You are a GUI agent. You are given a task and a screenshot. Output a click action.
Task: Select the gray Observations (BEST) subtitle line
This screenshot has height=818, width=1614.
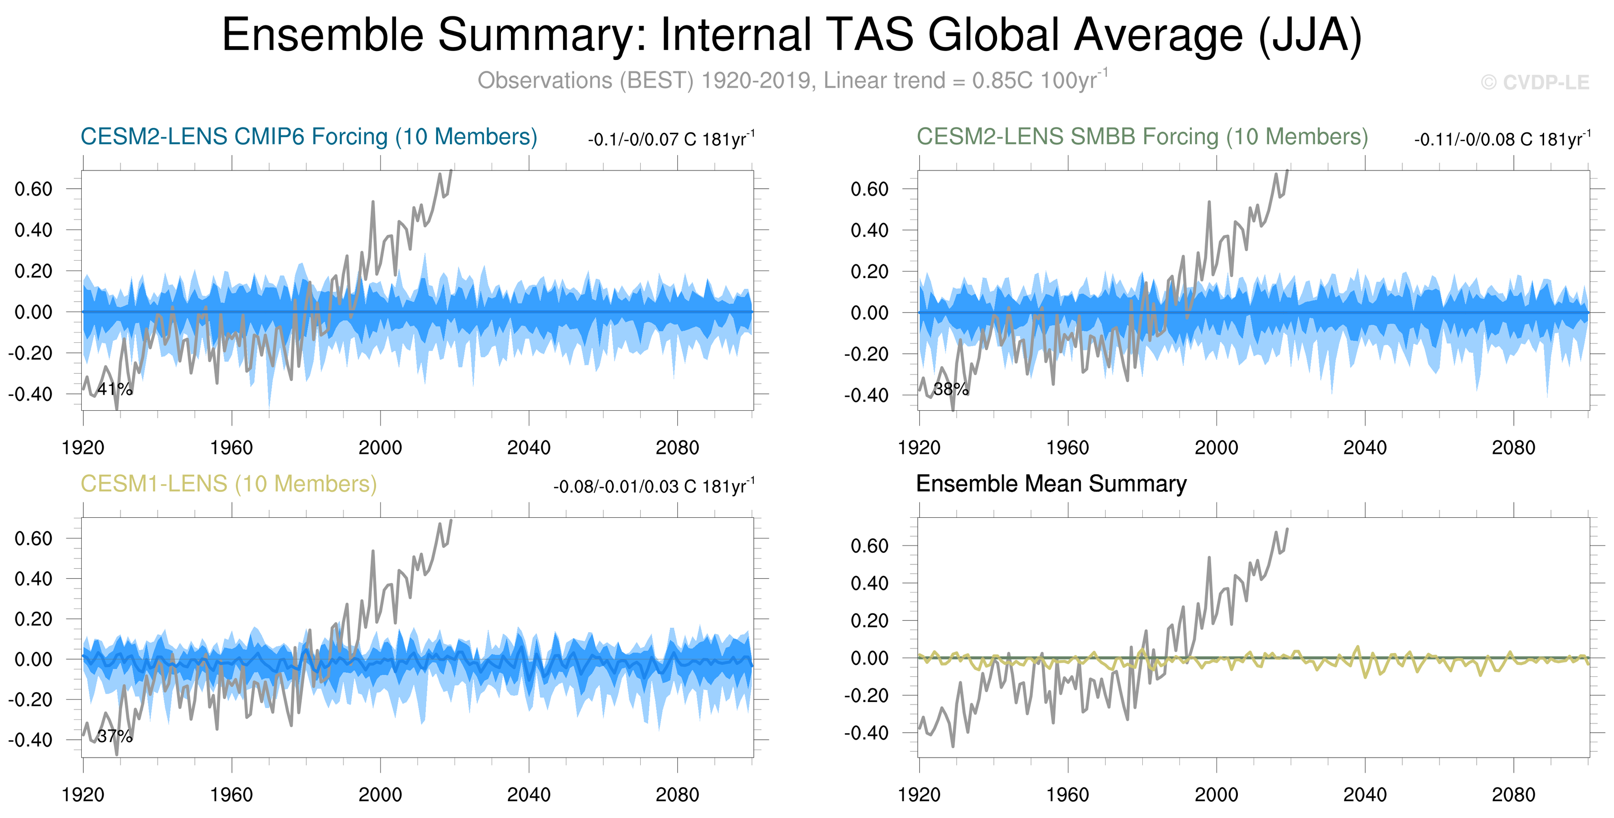tap(792, 80)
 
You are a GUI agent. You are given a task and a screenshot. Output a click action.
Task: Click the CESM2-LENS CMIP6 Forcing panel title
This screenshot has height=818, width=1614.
tap(309, 137)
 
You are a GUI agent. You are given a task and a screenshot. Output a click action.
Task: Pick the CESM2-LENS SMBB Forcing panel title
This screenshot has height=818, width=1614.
tap(1142, 137)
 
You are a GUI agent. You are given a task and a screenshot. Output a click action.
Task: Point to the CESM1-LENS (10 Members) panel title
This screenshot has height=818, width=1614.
tap(228, 484)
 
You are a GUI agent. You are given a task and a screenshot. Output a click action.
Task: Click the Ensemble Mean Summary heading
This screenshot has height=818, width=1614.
tap(1051, 484)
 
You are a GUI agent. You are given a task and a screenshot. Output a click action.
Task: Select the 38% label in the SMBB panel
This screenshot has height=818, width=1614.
tap(950, 389)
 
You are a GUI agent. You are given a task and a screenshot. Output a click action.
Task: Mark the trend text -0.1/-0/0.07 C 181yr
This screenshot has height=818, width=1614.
tap(670, 139)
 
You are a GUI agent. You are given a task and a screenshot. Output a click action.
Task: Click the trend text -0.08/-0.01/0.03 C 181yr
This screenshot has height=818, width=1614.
tap(654, 487)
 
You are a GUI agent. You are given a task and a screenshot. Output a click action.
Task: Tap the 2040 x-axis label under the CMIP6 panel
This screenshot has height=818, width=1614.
tap(528, 448)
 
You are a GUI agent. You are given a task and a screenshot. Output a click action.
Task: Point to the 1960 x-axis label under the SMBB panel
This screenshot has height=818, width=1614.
tap(1067, 448)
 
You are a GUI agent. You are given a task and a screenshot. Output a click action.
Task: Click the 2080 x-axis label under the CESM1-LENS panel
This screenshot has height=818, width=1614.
tap(677, 795)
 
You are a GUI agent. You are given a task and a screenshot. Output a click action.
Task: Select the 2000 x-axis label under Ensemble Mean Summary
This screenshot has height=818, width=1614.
tap(1216, 795)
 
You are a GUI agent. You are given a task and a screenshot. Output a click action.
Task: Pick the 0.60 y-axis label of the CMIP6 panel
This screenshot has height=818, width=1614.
tap(33, 189)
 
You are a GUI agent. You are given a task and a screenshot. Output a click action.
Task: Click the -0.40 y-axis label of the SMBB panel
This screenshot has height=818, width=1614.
tap(866, 395)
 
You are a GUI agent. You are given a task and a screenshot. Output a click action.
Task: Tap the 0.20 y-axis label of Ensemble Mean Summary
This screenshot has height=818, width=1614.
tap(869, 621)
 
